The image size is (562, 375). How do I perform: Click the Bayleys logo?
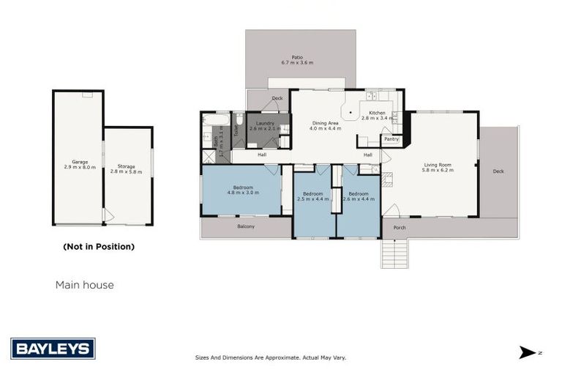(x=53, y=348)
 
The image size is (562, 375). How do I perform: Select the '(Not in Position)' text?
(x=99, y=247)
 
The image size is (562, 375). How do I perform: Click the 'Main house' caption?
(x=85, y=285)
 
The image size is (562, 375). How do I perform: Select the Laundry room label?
(x=264, y=125)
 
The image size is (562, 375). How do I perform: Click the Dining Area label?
(x=325, y=125)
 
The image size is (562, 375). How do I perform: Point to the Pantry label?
(x=391, y=138)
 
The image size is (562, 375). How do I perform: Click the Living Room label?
(x=438, y=167)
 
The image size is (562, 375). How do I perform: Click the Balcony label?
(x=246, y=227)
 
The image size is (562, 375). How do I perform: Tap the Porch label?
(x=399, y=228)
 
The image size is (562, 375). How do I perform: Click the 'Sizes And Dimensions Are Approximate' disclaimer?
(x=270, y=357)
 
